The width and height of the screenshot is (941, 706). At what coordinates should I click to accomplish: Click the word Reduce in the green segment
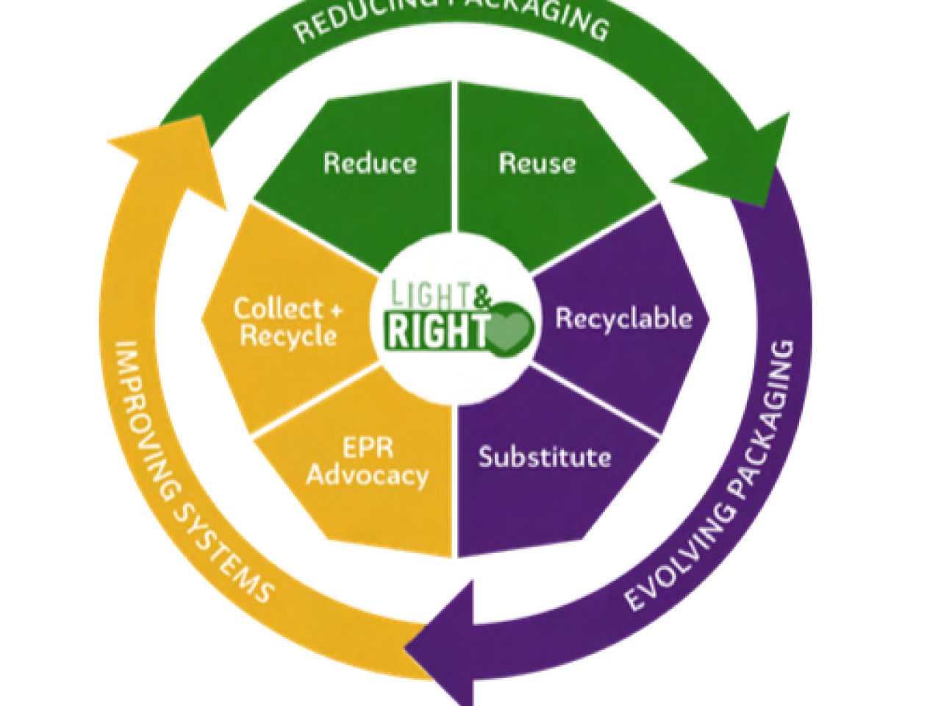(x=370, y=163)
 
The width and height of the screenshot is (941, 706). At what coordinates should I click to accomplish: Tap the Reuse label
(x=537, y=163)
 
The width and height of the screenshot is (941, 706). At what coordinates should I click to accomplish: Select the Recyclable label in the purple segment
(x=623, y=318)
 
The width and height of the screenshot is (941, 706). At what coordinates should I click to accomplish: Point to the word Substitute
(x=545, y=457)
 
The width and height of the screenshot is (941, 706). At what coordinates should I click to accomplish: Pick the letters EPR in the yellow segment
(x=368, y=448)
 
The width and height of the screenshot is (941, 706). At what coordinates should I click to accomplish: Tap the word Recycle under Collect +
(x=288, y=336)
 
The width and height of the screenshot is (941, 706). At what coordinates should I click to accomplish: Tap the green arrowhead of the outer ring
(x=743, y=162)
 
